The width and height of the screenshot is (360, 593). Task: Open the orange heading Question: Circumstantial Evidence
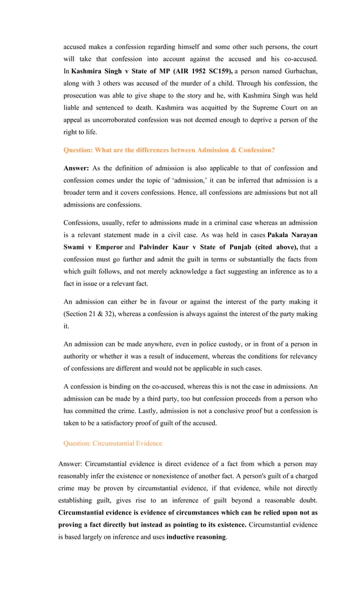113,443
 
